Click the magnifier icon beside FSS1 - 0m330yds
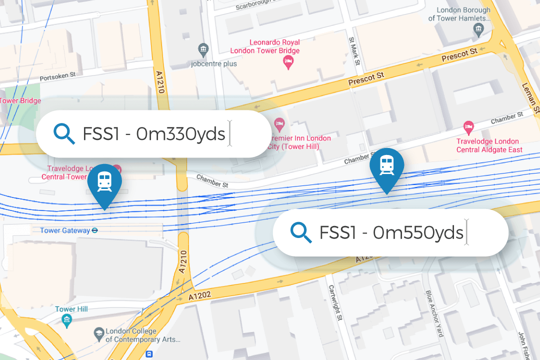coord(64,134)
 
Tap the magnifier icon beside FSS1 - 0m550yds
coord(301,232)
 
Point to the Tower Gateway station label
coord(65,230)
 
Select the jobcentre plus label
coord(213,63)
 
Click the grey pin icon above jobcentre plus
coord(203,49)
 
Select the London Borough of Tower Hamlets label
coord(463,14)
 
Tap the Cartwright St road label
coord(334,302)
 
